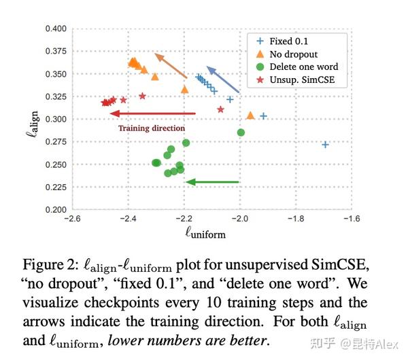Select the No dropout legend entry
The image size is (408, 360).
[293, 54]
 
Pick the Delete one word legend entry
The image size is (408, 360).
[303, 67]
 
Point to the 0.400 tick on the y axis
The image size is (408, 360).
[56, 29]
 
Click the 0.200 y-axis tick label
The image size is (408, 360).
[56, 210]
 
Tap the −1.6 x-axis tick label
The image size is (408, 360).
[351, 219]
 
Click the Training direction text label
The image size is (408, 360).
[151, 128]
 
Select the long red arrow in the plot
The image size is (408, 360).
[155, 113]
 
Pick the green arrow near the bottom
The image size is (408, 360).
[212, 182]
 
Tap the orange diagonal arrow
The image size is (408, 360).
[170, 65]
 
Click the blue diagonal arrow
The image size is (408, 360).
[222, 79]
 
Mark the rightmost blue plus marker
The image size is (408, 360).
[325, 145]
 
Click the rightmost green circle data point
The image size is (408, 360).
[241, 132]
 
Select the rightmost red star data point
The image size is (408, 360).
[220, 109]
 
